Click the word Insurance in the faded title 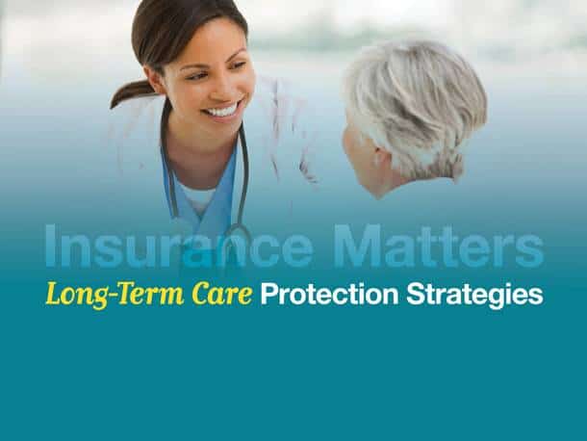[x=179, y=246]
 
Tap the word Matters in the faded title [x=439, y=246]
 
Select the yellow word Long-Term [x=115, y=295]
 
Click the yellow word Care [x=221, y=294]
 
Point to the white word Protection [x=329, y=294]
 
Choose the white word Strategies [x=474, y=295]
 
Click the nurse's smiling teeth [x=222, y=111]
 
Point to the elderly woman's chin [x=374, y=193]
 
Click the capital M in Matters [x=358, y=246]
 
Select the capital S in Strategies [x=416, y=294]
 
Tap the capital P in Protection [x=268, y=294]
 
